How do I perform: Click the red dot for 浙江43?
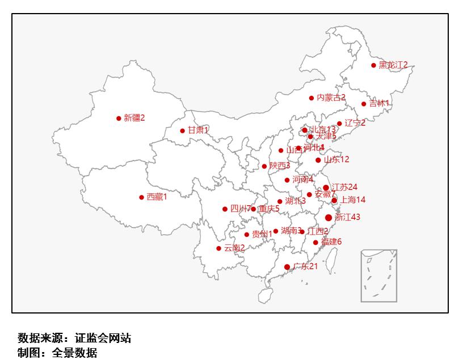tap(329, 218)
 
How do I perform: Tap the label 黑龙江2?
tap(393, 65)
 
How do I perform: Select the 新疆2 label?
tap(134, 118)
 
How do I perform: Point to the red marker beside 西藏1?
tap(141, 197)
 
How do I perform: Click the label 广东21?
tap(305, 266)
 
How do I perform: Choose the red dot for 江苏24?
tap(326, 188)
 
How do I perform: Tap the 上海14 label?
tap(352, 200)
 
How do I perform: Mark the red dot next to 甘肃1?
tap(182, 131)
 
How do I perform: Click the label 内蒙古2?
tap(331, 98)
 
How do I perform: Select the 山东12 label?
tap(336, 159)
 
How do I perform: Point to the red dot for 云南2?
tap(218, 248)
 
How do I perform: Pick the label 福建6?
tap(331, 242)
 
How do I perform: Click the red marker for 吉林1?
tap(364, 104)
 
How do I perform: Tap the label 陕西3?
tap(280, 166)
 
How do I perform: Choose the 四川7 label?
tap(241, 208)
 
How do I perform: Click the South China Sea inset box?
tap(378, 276)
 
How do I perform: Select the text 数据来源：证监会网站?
tap(74, 338)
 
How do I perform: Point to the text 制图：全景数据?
tap(57, 353)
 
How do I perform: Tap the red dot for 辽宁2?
tap(339, 124)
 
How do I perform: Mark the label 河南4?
tap(303, 180)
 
